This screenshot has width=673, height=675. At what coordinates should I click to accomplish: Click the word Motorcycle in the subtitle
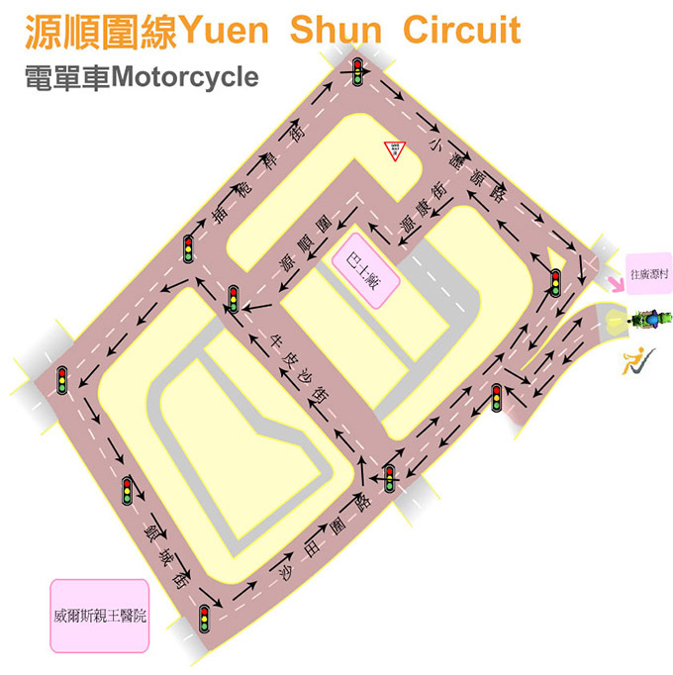[x=185, y=77]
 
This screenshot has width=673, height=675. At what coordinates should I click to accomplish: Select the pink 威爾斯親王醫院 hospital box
[x=100, y=616]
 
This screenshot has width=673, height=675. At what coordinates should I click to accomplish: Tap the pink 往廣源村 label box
[x=650, y=273]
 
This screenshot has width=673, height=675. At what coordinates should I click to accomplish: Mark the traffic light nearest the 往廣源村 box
[x=555, y=282]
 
